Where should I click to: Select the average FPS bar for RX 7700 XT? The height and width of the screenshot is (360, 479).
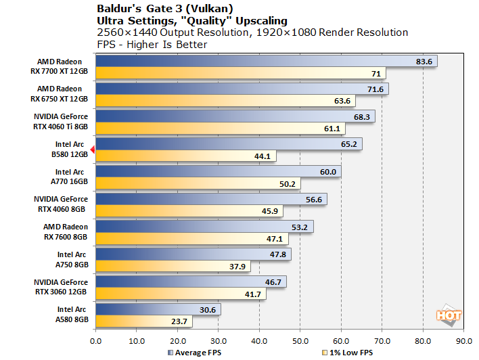(257, 62)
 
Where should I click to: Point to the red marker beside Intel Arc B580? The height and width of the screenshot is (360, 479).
(93, 143)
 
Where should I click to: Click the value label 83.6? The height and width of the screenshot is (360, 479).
(424, 62)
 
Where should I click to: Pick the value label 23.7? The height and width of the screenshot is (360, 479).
(179, 322)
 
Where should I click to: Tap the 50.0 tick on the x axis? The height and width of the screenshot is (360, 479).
(300, 340)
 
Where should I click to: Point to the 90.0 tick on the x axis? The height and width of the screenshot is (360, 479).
(463, 340)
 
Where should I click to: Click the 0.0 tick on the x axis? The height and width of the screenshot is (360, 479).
(96, 340)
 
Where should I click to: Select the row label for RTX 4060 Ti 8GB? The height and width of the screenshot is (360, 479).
(61, 122)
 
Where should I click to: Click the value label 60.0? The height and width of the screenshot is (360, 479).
(328, 172)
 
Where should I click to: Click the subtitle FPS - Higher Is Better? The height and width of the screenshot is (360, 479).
(152, 44)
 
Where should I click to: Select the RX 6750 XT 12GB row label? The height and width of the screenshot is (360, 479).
(60, 95)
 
